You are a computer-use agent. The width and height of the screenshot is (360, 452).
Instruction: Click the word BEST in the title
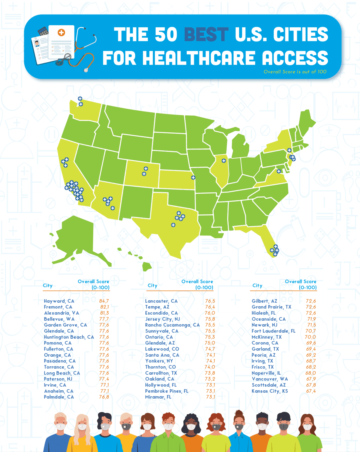[206, 34]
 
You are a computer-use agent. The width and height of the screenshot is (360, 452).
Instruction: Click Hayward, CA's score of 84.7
[104, 301]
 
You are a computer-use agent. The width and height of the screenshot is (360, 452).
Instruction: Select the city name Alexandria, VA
[62, 313]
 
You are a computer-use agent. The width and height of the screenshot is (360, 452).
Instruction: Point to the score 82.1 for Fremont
[104, 307]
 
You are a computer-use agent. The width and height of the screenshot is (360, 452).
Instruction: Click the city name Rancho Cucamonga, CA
[172, 325]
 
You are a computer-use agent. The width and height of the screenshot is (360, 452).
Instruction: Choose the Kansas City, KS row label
[270, 391]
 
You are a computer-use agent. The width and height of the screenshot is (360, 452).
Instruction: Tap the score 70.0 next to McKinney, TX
[310, 337]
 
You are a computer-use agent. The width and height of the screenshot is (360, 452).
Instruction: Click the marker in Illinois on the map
[224, 161]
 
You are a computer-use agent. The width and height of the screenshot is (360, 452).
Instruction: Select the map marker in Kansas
[193, 177]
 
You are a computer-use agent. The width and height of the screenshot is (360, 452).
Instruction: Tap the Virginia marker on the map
[278, 171]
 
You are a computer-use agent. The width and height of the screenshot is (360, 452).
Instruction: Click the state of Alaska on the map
[77, 238]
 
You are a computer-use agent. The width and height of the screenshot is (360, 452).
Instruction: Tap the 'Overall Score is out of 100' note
[295, 72]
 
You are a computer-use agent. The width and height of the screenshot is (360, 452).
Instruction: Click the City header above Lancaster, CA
[152, 285]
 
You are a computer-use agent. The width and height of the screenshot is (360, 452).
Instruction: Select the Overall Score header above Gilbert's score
[301, 284]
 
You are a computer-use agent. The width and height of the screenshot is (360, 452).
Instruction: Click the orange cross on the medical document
[61, 32]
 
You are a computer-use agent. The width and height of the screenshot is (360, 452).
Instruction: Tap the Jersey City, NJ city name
[162, 319]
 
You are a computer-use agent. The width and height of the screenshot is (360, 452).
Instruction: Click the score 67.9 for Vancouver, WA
[311, 379]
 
